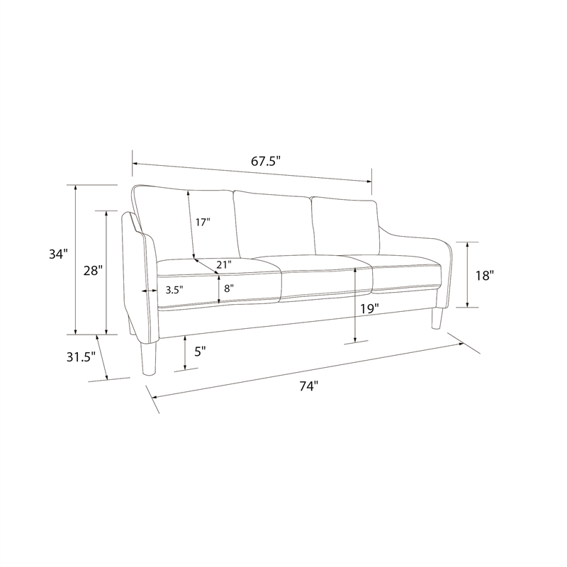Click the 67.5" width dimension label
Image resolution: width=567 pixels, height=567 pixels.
click(x=266, y=161)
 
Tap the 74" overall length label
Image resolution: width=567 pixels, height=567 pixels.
click(x=308, y=386)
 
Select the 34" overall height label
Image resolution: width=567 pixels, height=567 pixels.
click(x=59, y=254)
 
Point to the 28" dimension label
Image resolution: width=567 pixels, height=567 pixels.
click(x=93, y=270)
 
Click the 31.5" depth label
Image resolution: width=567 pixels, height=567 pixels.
click(x=81, y=357)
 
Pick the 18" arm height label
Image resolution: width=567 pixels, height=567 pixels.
click(x=485, y=276)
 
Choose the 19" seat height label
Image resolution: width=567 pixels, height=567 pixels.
click(x=369, y=309)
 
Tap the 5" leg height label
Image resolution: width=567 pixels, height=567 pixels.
click(x=200, y=351)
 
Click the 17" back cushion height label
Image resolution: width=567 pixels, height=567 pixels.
click(x=203, y=222)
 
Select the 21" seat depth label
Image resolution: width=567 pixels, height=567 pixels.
click(x=224, y=264)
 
